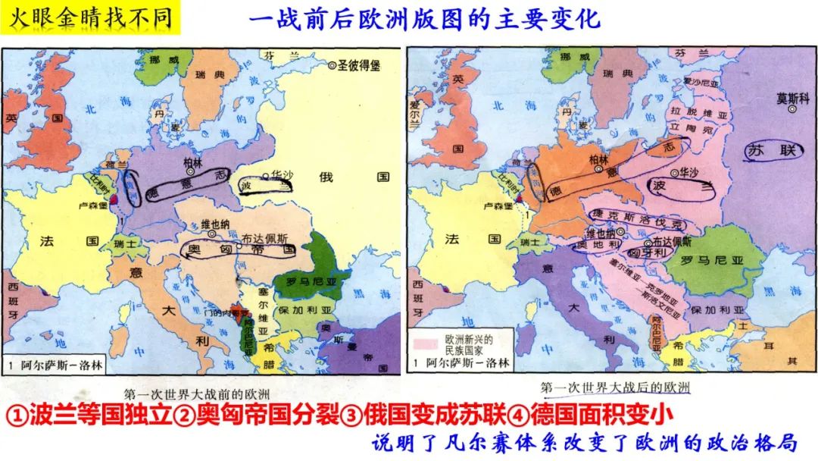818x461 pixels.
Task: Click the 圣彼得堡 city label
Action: [x=357, y=66]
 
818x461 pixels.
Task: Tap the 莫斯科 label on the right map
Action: [x=791, y=98]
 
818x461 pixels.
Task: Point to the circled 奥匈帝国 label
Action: [x=236, y=249]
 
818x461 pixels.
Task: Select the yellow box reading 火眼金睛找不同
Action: [x=90, y=17]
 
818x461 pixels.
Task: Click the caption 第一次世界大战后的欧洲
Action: [x=615, y=387]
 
